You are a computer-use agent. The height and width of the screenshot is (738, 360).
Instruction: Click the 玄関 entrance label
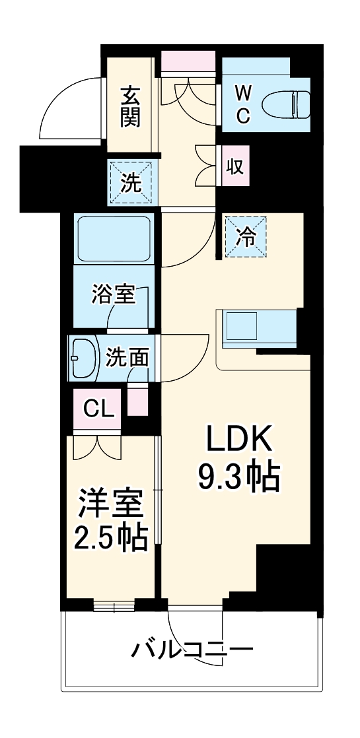coord(130,106)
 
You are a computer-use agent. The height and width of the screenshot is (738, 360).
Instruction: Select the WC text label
coord(242,104)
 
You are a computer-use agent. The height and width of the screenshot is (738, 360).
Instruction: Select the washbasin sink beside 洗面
coord(84,358)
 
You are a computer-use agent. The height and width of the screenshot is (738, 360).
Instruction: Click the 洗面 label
coord(127,358)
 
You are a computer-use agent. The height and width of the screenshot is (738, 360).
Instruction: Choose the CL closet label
coord(98,409)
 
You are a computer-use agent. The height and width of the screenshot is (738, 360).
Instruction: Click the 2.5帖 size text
coord(111,539)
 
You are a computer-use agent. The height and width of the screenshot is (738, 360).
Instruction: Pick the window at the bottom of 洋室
coord(113,605)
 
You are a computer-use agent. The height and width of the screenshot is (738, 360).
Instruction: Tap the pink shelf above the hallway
coord(188,59)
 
